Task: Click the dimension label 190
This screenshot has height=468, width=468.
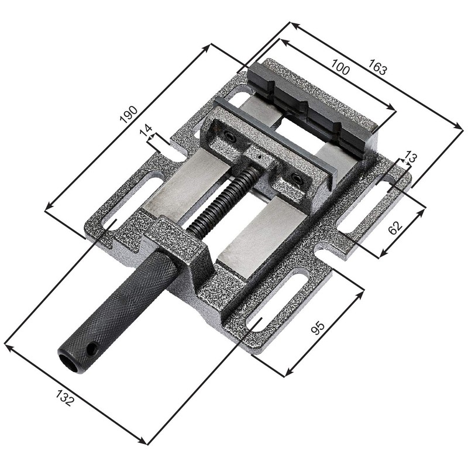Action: [129, 115]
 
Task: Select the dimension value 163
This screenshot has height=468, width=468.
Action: [378, 67]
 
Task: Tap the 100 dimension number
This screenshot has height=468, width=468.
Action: [340, 67]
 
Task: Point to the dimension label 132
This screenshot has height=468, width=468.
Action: [64, 398]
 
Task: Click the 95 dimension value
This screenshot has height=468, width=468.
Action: [317, 328]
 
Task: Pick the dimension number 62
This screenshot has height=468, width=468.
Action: [395, 228]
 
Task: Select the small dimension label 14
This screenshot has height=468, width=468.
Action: [146, 130]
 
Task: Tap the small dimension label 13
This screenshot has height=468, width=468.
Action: [411, 157]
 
